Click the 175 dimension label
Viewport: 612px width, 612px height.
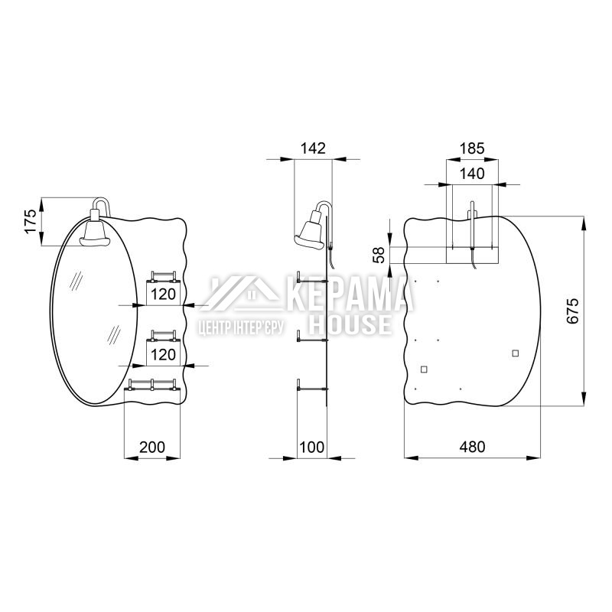tap(31, 222)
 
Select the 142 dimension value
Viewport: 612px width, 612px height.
tap(313, 148)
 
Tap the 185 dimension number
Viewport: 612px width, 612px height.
tap(472, 148)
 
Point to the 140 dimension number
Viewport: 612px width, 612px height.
tap(472, 174)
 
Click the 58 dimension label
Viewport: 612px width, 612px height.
tap(379, 255)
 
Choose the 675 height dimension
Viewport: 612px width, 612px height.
tap(572, 311)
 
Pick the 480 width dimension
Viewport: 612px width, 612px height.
tap(472, 447)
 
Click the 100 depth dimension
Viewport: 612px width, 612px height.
tap(312, 447)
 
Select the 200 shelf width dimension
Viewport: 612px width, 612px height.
tap(152, 447)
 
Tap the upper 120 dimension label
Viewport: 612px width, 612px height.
tap(163, 295)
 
